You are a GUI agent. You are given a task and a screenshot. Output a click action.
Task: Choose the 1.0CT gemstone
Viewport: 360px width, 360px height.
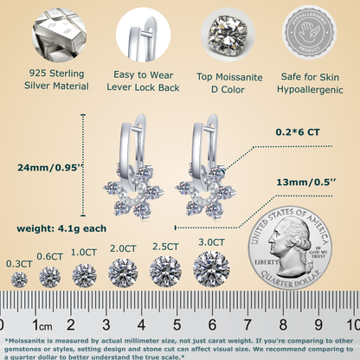[x=84, y=275]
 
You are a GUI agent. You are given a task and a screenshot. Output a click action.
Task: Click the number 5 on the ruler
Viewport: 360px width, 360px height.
[x=177, y=325]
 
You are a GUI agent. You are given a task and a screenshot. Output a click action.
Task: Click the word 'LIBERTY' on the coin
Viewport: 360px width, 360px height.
[x=266, y=260]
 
